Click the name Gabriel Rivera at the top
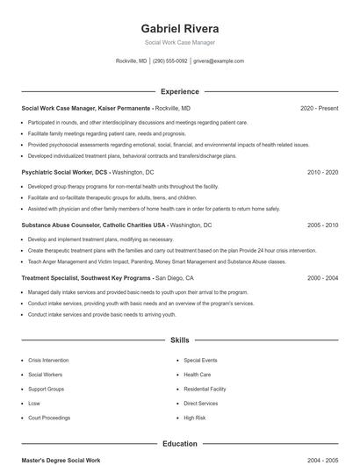[180, 27]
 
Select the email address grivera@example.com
[219, 61]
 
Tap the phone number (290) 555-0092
[170, 61]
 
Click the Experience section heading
[180, 91]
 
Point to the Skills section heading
[180, 340]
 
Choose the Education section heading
[180, 444]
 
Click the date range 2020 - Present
[319, 108]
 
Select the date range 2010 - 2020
[322, 173]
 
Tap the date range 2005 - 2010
[322, 225]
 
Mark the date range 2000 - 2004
[322, 277]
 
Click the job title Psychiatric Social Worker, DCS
[66, 173]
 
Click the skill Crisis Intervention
[48, 361]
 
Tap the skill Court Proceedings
[49, 418]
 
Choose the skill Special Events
[200, 361]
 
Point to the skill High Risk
[194, 418]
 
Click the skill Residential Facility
[205, 389]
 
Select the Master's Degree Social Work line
[61, 461]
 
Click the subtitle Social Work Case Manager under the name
[180, 42]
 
